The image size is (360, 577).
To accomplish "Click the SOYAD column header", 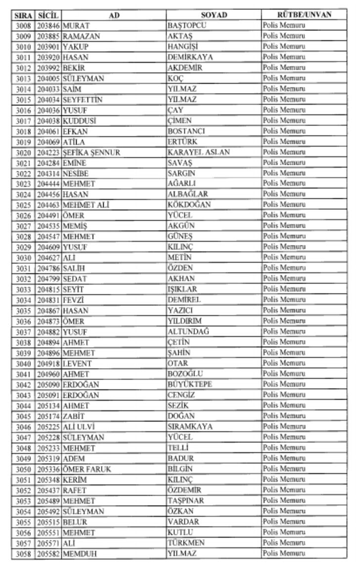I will click(214, 15).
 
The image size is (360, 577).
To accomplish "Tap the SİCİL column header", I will click(48, 15).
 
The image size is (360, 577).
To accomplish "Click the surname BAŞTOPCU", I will click(186, 26).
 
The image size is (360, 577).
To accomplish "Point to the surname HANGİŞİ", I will click(184, 47).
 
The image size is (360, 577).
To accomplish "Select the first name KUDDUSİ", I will click(80, 121).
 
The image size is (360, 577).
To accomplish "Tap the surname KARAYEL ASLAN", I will click(198, 152).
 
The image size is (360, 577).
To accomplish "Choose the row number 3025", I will click(23, 205).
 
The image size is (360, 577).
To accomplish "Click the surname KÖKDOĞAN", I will click(189, 205).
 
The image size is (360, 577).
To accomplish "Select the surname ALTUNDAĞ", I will click(188, 332).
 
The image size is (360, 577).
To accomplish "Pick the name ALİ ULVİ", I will click(79, 427).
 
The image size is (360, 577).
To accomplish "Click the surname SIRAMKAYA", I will click(190, 427).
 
